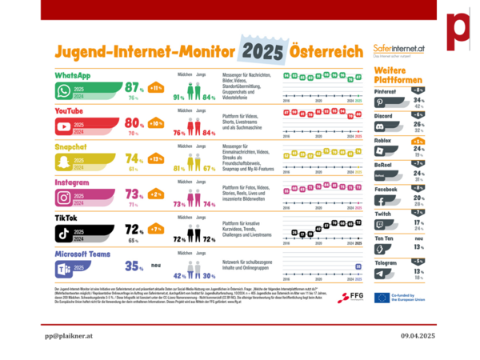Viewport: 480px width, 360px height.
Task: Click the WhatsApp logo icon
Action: point(63,92)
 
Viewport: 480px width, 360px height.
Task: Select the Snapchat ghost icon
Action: point(63,160)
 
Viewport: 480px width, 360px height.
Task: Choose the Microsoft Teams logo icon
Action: point(63,267)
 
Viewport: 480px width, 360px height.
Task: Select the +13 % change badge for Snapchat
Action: point(155,158)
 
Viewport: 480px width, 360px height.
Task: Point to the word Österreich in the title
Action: point(327,52)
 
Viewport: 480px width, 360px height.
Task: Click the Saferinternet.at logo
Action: point(400,50)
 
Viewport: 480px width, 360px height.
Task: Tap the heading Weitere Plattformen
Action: point(398,77)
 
